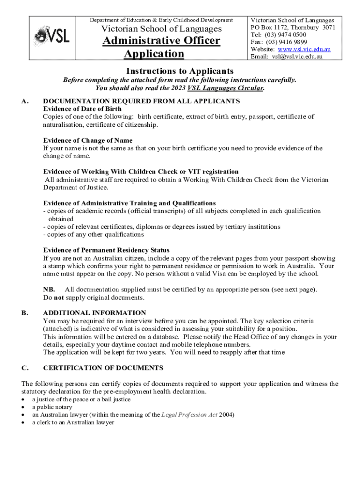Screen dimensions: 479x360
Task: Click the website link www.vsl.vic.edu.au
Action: pos(304,49)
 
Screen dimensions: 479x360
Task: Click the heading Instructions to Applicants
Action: pos(180,71)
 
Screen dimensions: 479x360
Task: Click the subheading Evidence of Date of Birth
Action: pos(82,109)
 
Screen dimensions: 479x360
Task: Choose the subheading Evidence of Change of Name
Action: pos(87,140)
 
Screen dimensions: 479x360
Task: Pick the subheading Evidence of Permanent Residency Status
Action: pos(106,250)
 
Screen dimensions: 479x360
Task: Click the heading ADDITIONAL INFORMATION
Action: pos(94,312)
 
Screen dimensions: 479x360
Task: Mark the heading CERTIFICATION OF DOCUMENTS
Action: pos(103,368)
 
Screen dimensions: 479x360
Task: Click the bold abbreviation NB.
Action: pos(49,290)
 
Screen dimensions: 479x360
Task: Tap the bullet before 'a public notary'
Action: pos(24,407)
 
